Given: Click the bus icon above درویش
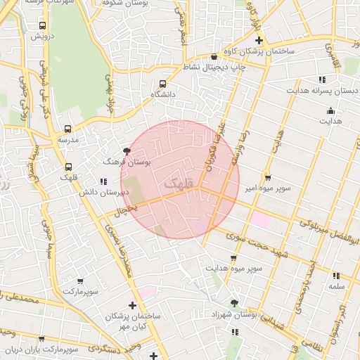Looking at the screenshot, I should click(x=44, y=26).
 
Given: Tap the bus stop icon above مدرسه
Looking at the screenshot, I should click(x=67, y=129).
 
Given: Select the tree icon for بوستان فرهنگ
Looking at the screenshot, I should click(x=127, y=151).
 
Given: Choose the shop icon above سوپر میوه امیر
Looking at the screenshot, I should click(x=267, y=177).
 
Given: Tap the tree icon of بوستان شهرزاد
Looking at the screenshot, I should click(x=233, y=303).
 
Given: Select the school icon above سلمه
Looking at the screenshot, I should click(x=335, y=276).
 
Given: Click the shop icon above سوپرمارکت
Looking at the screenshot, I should click(x=82, y=280).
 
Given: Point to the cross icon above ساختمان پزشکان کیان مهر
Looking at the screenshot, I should click(x=133, y=305).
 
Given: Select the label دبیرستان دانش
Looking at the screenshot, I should click(x=102, y=192).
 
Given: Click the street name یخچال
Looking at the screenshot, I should click(x=124, y=210).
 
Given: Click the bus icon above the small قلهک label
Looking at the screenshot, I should click(x=68, y=167).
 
